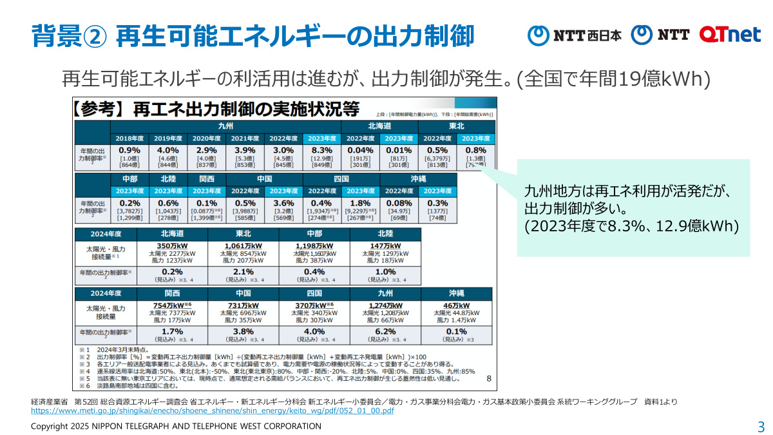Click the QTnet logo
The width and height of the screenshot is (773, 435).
tap(730, 34)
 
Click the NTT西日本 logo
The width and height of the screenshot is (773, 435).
tap(575, 35)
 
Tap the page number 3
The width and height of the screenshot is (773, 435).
tap(761, 427)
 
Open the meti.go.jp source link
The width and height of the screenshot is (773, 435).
tap(212, 411)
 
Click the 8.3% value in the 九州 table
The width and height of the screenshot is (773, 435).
tap(321, 150)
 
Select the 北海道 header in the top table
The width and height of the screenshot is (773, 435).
tap(379, 126)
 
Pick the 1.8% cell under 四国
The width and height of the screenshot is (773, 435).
tap(361, 204)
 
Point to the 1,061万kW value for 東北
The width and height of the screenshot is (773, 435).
tap(243, 246)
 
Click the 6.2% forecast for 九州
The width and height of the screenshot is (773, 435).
tap(385, 331)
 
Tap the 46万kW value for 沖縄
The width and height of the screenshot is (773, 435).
tap(455, 305)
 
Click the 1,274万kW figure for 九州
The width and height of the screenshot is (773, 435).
tap(385, 305)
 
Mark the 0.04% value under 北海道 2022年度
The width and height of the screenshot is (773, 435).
tap(360, 150)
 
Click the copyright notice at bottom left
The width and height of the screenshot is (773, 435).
tap(176, 426)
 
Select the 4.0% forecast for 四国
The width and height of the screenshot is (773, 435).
tap(314, 331)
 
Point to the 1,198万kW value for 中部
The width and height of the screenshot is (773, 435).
tap(314, 246)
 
